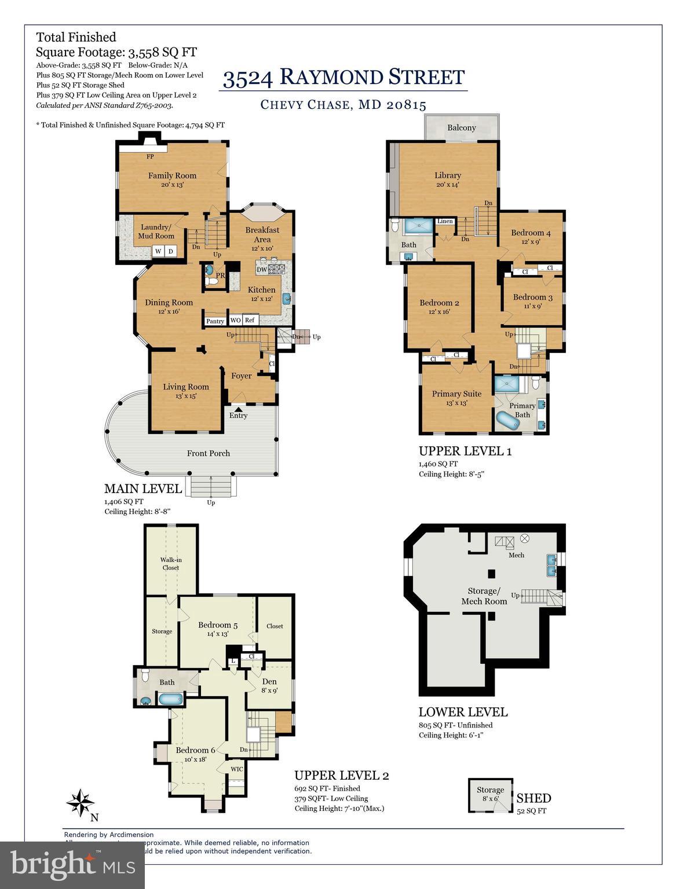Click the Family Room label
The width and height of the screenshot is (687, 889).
coord(172,175)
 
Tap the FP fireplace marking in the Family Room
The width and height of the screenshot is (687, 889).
coord(150,156)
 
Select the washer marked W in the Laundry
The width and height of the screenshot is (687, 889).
coord(158,251)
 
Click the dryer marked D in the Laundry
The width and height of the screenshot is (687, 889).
coord(171,251)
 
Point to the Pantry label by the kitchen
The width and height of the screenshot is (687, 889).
coord(215,321)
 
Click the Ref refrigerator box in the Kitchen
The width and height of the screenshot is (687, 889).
coord(250,320)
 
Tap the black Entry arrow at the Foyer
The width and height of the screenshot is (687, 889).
coord(238,409)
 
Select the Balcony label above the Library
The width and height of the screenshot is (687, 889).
coord(462,127)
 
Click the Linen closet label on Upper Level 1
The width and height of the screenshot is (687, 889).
coord(445,221)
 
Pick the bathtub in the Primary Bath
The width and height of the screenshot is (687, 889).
coord(508,421)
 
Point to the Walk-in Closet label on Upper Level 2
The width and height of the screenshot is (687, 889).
coord(170,564)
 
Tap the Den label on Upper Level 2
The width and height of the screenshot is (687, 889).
coord(269,681)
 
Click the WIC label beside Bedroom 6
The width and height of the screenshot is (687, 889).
coord(237,769)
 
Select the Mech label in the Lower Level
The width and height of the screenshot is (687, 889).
coord(516,555)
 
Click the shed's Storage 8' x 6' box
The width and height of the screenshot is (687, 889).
coord(490,794)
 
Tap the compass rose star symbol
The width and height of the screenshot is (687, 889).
coord(80,803)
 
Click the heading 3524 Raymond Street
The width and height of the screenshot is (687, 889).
coord(344,78)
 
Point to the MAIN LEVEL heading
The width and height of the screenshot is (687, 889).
coord(143,488)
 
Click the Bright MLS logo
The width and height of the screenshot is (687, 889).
coord(72,865)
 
